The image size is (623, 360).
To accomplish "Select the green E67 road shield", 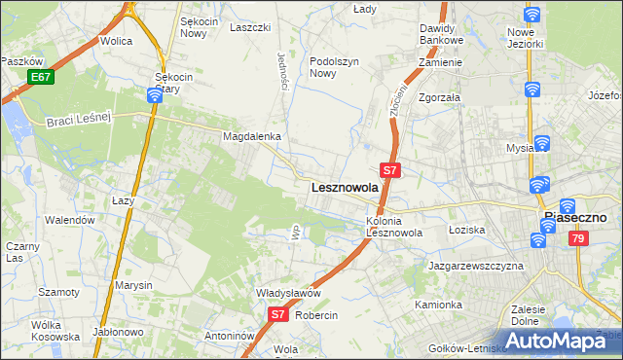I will point(40,77).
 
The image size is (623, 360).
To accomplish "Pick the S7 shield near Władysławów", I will point(277,314).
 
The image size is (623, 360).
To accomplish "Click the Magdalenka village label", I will point(252,137).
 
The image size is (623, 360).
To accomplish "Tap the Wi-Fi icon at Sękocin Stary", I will point(155,95).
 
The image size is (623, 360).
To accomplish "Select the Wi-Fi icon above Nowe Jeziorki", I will point(531,15).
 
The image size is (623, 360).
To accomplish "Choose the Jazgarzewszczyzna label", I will point(476,265).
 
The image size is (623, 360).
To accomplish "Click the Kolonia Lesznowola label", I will point(394,227).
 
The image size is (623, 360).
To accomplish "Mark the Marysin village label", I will point(133,285).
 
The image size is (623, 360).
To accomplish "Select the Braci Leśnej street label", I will point(81,120).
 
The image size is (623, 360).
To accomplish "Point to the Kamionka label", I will point(438,305).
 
